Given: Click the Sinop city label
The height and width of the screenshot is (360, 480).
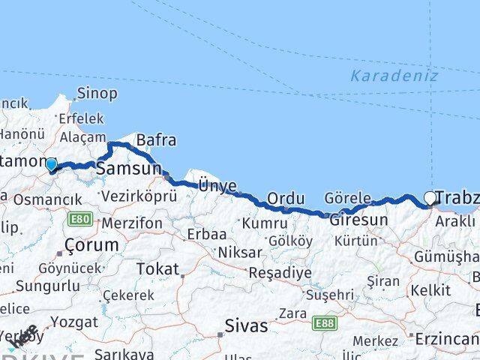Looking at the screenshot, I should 98,94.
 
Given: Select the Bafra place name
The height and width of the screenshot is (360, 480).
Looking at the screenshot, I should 156,139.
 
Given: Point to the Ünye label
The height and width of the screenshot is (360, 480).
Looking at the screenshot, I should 217,186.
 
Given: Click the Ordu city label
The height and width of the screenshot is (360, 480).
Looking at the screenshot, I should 286,198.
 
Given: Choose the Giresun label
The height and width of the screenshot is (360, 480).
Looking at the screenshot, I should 358,220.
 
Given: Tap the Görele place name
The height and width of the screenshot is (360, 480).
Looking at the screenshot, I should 348,198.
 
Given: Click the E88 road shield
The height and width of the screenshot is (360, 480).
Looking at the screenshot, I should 325,322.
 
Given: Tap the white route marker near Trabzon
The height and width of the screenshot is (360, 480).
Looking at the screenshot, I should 430,198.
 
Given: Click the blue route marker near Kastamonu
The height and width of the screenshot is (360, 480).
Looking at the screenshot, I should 51,164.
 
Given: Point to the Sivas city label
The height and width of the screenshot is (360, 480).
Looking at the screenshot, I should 246,326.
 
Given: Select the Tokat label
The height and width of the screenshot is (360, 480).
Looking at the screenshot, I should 157,268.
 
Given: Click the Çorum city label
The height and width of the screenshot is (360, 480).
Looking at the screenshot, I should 91,244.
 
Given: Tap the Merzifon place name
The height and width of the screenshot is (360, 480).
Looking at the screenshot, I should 131,223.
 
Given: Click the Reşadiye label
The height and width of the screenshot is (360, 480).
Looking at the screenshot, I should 280,272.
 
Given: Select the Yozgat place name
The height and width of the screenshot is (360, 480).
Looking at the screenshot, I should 70,322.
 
